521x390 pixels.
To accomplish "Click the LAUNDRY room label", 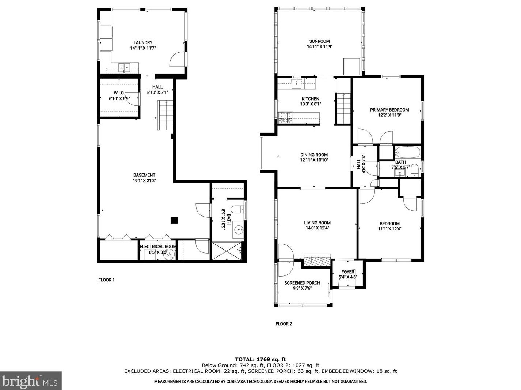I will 143,43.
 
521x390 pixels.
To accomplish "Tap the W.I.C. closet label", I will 119,93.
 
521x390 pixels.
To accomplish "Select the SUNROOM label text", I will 319,41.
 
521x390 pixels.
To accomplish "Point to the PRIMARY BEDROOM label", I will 389,110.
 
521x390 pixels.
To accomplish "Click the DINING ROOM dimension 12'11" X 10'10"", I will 314,160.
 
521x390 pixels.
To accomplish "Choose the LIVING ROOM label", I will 317,222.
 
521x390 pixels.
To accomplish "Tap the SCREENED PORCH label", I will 302,283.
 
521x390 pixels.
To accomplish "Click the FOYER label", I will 347,272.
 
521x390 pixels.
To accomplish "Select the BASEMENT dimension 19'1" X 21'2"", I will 144,180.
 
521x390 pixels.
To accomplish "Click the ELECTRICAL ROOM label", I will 158,247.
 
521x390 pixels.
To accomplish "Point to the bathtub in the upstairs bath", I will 407,151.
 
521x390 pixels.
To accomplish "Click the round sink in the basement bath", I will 238,230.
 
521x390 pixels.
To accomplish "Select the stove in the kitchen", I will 286,117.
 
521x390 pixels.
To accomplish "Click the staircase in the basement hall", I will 165,115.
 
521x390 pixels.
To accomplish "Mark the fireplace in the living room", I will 317,260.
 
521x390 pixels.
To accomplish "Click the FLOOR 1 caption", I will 106,280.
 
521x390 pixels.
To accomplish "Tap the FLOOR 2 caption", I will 284,324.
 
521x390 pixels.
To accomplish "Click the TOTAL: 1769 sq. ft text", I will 260,359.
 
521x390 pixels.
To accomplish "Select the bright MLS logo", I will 31,381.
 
